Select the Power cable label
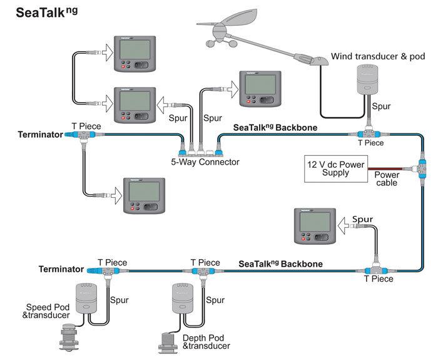tap(387, 180)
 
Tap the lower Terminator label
tap(61, 269)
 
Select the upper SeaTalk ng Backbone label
tap(275, 127)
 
